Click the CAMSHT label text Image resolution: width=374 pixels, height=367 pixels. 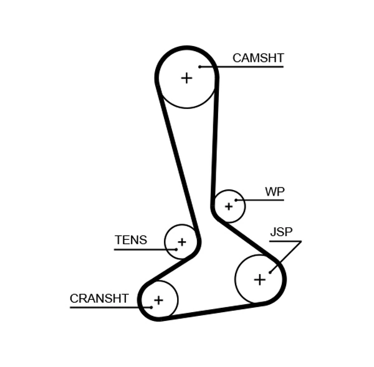click(x=257, y=58)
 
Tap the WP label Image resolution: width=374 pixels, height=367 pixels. click(x=274, y=192)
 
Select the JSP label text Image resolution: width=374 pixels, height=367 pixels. click(x=280, y=232)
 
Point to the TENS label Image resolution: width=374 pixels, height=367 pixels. click(x=131, y=241)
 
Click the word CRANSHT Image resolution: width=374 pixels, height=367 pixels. click(x=98, y=298)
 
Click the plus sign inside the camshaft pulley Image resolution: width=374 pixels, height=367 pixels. click(x=186, y=78)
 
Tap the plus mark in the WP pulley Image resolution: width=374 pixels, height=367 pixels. click(x=229, y=206)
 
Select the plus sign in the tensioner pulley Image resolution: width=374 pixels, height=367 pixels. click(x=181, y=242)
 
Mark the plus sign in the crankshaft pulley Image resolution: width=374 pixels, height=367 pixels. click(x=158, y=300)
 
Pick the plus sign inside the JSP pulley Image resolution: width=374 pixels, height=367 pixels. click(x=259, y=280)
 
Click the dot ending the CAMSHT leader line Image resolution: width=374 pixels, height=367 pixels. click(x=199, y=67)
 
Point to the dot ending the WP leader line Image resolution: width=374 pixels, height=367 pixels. click(x=236, y=200)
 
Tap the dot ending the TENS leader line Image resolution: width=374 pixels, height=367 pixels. click(x=176, y=249)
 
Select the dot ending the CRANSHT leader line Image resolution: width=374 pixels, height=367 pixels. click(x=151, y=307)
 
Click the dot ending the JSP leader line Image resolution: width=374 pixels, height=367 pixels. click(x=270, y=272)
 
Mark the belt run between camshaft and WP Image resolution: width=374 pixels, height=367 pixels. click(x=216, y=143)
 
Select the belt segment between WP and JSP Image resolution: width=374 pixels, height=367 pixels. click(x=246, y=240)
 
